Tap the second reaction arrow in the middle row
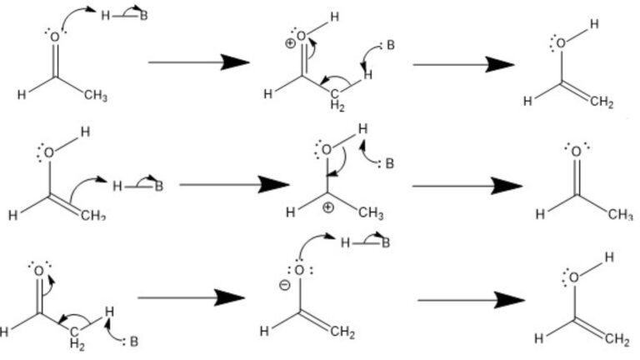coord(467,185)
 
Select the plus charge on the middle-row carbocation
coord(328,207)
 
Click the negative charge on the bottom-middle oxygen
coord(284,284)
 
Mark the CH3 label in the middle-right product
coord(620,214)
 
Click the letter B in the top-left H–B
coord(143,17)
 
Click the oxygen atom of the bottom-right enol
coord(574,277)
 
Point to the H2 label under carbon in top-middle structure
coord(337,106)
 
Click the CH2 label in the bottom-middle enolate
coord(342,334)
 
